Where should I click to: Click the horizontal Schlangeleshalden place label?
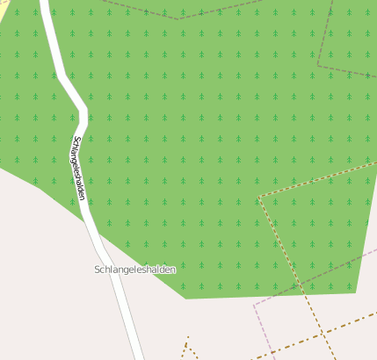pos(134,270)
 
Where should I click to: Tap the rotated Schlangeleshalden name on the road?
pos(79,168)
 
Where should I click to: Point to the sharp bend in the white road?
pos(84,109)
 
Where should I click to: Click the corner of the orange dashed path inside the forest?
pos(260,197)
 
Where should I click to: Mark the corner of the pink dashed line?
pos(254,306)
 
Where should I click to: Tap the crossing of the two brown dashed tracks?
pos(323,335)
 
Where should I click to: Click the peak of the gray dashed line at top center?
pos(178,18)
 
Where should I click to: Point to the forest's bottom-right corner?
pos(355,292)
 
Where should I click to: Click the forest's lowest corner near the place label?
pos(185,299)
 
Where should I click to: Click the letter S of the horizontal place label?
pos(97,270)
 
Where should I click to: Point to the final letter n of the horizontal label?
pos(173,270)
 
